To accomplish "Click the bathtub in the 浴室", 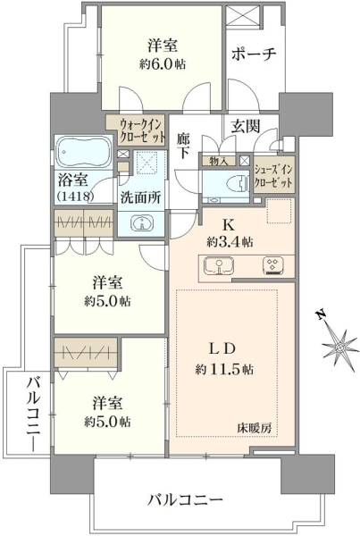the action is [84, 152].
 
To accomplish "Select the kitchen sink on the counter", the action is [219, 265].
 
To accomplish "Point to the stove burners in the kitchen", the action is [272, 265].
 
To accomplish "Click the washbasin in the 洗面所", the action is [142, 222].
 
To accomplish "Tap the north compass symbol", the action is [339, 347].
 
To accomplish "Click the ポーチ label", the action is [254, 54].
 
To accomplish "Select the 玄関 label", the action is [245, 126].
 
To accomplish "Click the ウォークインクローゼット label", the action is [141, 130].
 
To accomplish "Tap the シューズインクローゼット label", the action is [273, 177].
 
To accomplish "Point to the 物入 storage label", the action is [219, 161].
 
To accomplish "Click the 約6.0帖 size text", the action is [163, 63].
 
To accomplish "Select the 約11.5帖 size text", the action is [224, 369].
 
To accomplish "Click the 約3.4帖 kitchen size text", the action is [230, 242].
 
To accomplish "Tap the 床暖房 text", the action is [255, 428].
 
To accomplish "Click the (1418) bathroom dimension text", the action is [75, 197].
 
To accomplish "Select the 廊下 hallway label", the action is [184, 146].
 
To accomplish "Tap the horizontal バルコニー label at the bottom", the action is [185, 501].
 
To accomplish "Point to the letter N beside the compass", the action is [321, 314].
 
